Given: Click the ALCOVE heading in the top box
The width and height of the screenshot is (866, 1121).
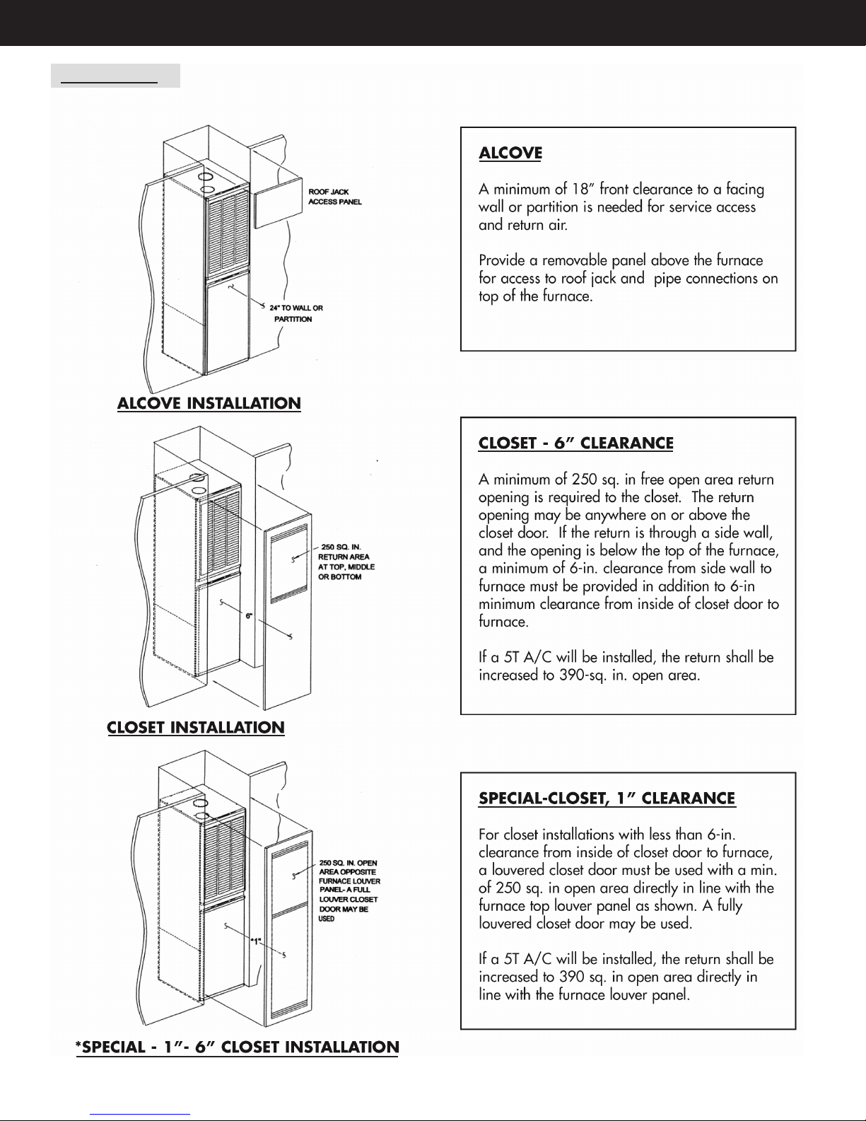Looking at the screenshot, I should [x=510, y=153].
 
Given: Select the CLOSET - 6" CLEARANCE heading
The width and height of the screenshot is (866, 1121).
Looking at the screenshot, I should [x=575, y=443].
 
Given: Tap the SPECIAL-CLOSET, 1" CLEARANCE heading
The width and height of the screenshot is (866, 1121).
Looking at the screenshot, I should [x=607, y=798].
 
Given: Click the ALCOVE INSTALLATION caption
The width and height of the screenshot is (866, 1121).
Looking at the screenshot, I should [x=209, y=403].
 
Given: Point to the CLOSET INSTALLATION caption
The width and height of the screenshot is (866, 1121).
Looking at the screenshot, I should [x=196, y=727].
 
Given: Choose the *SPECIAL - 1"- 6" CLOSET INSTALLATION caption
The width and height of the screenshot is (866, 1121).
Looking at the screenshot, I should [x=237, y=1047].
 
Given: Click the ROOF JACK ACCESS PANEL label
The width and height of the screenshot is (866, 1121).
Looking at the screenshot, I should [x=335, y=197].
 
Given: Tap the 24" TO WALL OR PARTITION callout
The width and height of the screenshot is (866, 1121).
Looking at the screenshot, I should [x=296, y=313].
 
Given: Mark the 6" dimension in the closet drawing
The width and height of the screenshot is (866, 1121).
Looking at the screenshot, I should [x=249, y=615].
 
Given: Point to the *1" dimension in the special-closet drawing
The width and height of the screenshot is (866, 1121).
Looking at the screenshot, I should [x=256, y=941].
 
